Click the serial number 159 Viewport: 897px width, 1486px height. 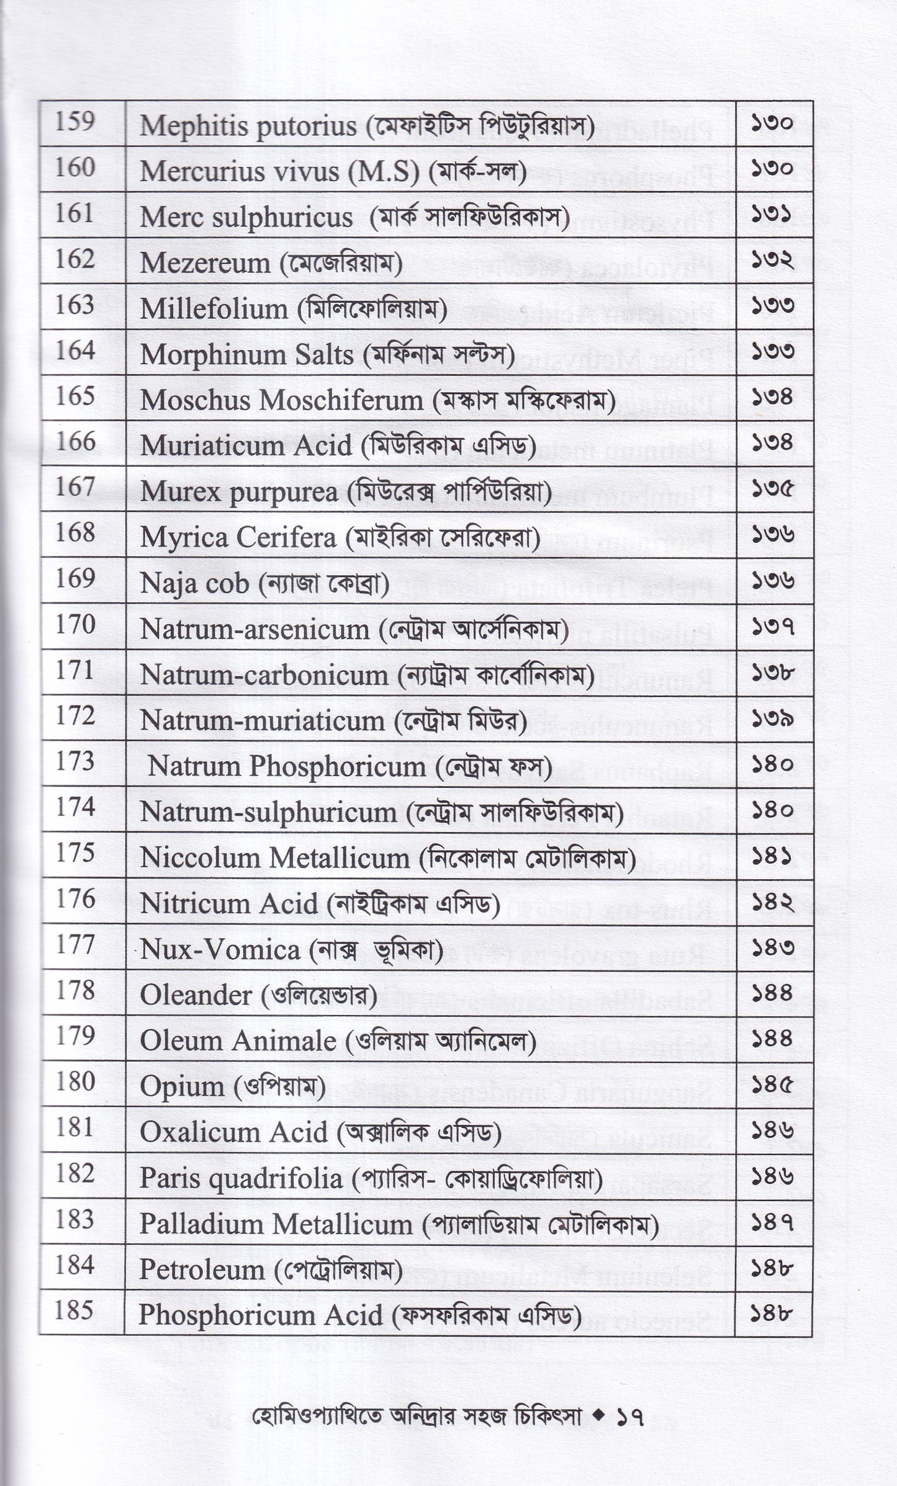click(75, 122)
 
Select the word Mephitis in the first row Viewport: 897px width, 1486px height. click(186, 127)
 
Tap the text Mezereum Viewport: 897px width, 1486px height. click(205, 264)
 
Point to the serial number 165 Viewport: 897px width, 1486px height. click(75, 396)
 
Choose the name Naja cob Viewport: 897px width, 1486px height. click(194, 584)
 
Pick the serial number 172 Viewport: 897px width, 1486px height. click(75, 717)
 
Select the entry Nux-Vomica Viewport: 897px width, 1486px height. click(220, 950)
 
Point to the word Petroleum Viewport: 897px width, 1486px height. click(202, 1269)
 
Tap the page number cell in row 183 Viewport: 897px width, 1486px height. click(773, 1223)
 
